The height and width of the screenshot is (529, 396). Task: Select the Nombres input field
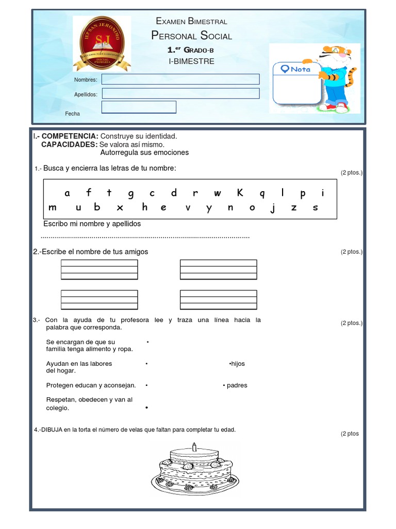click(x=180, y=79)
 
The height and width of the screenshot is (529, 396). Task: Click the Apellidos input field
click(x=180, y=94)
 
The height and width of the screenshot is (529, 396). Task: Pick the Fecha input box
click(x=139, y=107)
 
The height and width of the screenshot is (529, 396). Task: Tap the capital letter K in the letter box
click(x=240, y=193)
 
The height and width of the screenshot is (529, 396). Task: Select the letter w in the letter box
click(x=217, y=194)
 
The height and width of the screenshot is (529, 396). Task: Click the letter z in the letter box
click(x=294, y=208)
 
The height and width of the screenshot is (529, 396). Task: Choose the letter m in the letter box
click(x=53, y=208)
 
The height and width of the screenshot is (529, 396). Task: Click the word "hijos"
click(x=238, y=364)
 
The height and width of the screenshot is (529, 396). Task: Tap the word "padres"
click(x=237, y=385)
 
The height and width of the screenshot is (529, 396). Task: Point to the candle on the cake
click(x=194, y=446)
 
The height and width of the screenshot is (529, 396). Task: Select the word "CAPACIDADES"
click(x=69, y=144)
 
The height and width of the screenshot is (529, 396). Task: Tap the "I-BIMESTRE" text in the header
click(x=191, y=61)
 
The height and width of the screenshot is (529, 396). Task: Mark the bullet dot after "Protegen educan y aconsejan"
click(x=147, y=385)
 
